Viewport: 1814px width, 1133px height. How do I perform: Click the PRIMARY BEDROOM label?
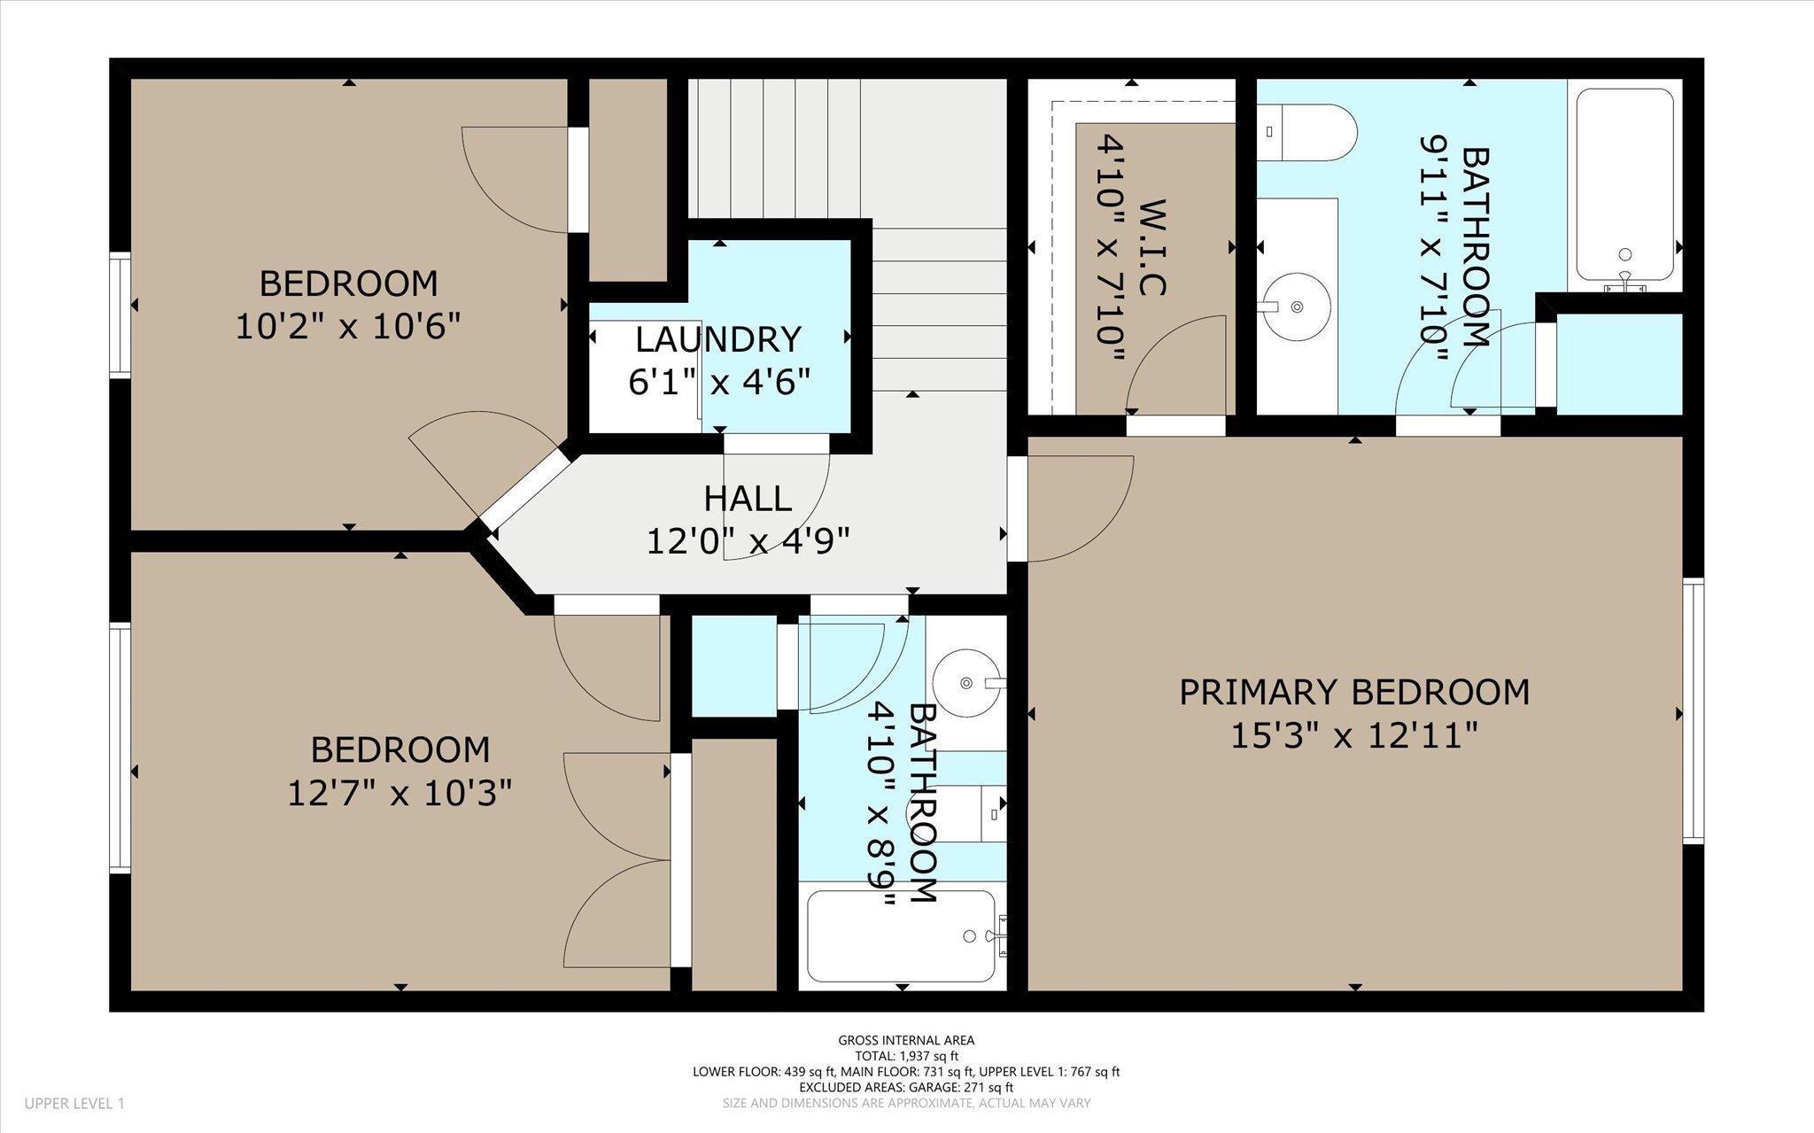click(1354, 692)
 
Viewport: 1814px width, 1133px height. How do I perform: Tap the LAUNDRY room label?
click(718, 339)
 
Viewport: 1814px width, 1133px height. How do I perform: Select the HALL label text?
click(748, 499)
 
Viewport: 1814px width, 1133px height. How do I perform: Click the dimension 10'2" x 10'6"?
click(348, 327)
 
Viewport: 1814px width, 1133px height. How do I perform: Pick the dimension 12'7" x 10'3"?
click(399, 793)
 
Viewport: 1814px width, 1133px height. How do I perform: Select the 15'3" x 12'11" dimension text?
click(1354, 735)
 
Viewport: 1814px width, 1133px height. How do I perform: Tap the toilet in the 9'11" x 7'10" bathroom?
click(1306, 133)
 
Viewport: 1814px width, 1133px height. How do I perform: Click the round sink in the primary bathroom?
click(1296, 307)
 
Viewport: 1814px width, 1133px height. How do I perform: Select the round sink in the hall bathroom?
click(966, 683)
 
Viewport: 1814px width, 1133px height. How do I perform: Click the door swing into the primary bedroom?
click(1081, 508)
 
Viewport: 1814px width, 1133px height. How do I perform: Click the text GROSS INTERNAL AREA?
click(906, 1041)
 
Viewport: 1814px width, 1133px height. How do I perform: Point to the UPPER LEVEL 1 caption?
click(74, 1104)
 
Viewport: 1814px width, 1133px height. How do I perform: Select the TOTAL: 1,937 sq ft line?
click(906, 1056)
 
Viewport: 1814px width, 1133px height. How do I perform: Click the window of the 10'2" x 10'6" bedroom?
click(120, 315)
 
